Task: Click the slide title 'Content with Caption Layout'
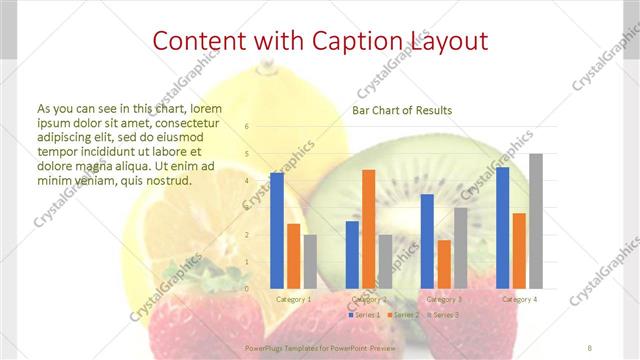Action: click(x=320, y=41)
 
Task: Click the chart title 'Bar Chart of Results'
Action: click(x=401, y=110)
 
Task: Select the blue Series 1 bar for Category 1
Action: click(x=277, y=230)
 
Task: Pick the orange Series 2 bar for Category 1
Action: click(x=293, y=256)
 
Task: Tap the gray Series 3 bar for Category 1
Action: click(x=310, y=261)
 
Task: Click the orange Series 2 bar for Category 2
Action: click(x=369, y=229)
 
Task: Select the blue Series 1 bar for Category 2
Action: click(x=352, y=254)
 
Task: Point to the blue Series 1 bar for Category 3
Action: click(x=427, y=241)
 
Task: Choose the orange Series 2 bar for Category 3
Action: click(x=444, y=264)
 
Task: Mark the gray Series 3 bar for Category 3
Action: click(x=460, y=248)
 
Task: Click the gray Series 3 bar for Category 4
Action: click(x=536, y=221)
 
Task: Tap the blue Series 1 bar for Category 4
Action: click(x=502, y=227)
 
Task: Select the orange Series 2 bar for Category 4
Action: click(x=519, y=250)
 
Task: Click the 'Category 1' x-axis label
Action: click(x=293, y=299)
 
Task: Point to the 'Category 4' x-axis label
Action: click(x=519, y=299)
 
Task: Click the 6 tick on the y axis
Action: click(x=247, y=127)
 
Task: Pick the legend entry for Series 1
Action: click(x=365, y=315)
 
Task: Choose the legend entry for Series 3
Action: click(x=444, y=315)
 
